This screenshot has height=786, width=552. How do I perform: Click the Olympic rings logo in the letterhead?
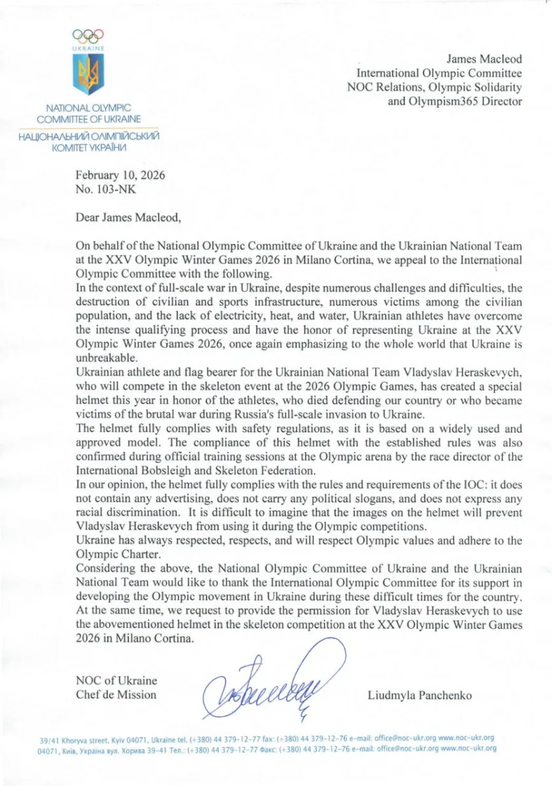click(89, 37)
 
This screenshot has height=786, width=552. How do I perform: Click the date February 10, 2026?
click(121, 176)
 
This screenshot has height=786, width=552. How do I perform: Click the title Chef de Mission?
click(117, 694)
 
